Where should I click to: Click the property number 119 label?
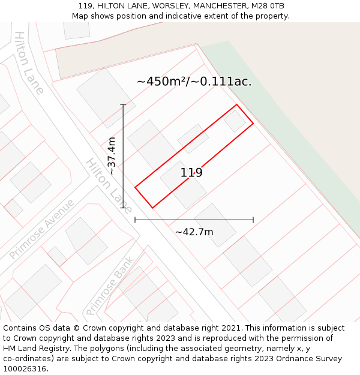[x=191, y=173]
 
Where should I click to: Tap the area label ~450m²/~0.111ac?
[x=194, y=82]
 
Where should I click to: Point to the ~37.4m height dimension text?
[x=111, y=156]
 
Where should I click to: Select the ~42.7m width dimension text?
[x=194, y=232]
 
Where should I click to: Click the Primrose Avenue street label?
[x=42, y=229]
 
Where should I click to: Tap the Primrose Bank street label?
[x=109, y=286]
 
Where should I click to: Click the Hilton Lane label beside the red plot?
[x=108, y=185]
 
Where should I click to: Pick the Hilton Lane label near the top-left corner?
[x=29, y=62]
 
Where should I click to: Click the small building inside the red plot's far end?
[x=235, y=121]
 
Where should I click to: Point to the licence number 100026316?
[x=25, y=369]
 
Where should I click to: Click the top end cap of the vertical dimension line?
[x=124, y=105]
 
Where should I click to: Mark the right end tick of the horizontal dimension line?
[x=253, y=220]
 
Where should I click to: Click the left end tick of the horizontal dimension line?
[x=135, y=220]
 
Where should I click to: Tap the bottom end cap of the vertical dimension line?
[x=124, y=208]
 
